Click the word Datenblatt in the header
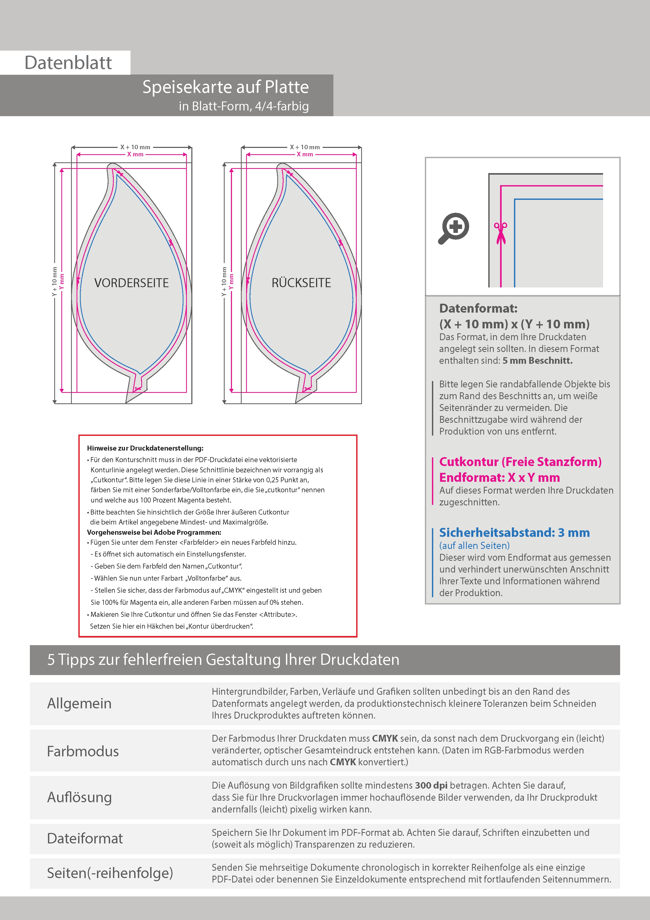[68, 63]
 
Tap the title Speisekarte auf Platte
[225, 87]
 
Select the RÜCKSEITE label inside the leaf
[301, 283]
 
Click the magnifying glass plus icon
[454, 228]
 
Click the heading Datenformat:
[478, 308]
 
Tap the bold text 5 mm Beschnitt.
[538, 361]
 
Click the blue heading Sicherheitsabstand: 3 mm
[514, 533]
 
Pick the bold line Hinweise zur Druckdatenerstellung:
[145, 448]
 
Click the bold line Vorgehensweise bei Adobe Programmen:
[154, 533]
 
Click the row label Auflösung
[79, 797]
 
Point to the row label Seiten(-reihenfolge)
[110, 873]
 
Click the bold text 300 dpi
[431, 785]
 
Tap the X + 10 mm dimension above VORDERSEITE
[135, 147]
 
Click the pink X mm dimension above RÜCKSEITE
[305, 154]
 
